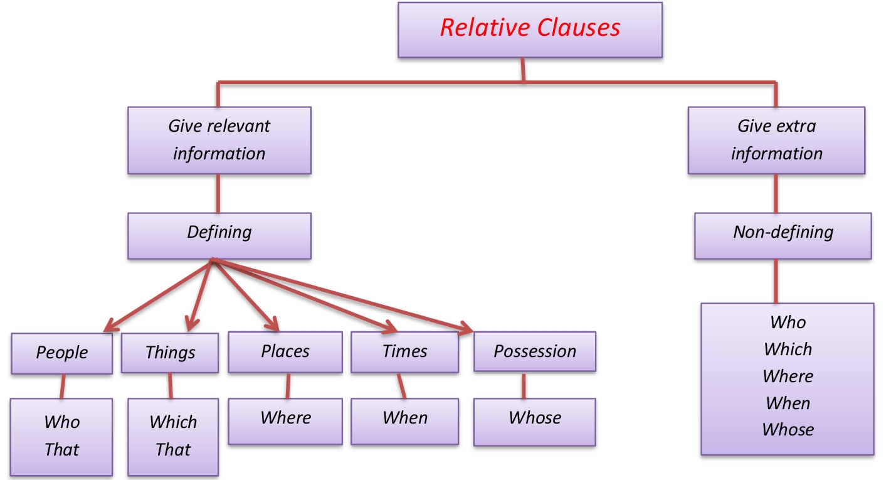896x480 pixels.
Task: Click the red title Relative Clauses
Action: pos(530,28)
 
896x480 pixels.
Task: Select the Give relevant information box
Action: pos(219,140)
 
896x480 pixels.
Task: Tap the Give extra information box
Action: pos(776,140)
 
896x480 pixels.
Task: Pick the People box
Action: pos(62,352)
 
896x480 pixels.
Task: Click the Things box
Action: pos(170,352)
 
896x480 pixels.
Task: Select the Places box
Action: pos(285,351)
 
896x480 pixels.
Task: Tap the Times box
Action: pos(404,351)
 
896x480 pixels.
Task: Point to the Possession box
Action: pos(534,351)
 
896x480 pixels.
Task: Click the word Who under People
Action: pos(62,422)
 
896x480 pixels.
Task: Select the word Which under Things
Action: pos(173,422)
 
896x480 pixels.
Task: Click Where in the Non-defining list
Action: pos(788,376)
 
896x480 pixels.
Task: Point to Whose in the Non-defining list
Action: pos(788,430)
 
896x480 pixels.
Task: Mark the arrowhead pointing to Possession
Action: pos(466,328)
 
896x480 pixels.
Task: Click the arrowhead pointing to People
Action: pos(109,326)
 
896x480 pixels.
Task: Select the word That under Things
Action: pos(173,449)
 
